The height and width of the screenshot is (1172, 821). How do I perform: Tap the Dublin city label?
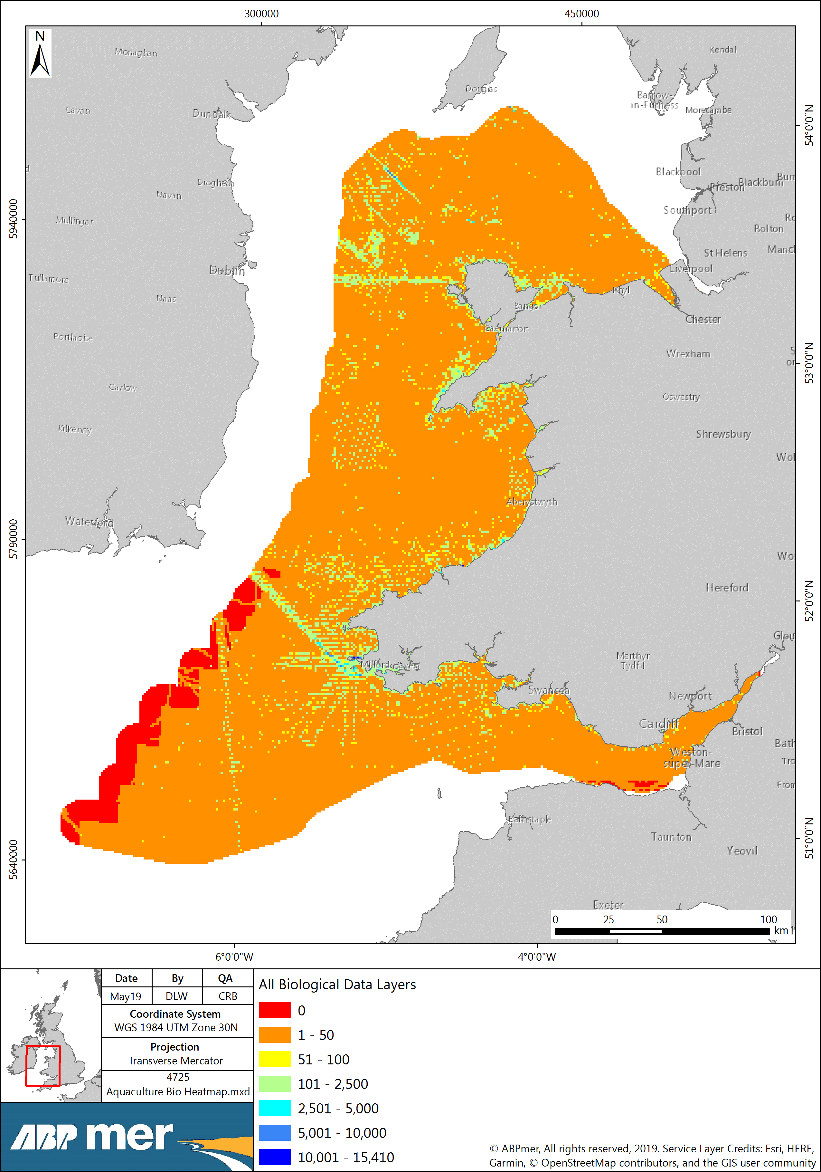point(227,271)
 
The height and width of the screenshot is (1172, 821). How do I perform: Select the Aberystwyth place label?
point(532,502)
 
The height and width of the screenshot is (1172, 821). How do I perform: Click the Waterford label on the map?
point(89,521)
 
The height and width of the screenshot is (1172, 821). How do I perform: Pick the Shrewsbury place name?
point(723,434)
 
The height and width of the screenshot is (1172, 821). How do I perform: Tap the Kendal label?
point(722,50)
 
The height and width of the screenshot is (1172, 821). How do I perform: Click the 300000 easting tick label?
point(261,14)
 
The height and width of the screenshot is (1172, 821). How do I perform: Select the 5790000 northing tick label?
point(13,539)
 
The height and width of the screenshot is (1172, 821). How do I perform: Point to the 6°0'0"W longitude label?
point(234,956)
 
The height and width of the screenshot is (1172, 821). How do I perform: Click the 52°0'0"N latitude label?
point(810,600)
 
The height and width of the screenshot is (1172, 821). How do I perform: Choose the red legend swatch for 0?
point(275,1010)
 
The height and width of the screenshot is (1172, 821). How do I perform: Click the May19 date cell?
point(126,996)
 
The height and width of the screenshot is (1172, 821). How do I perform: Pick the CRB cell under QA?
point(228,996)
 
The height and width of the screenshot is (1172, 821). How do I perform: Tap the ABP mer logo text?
point(92,1136)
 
